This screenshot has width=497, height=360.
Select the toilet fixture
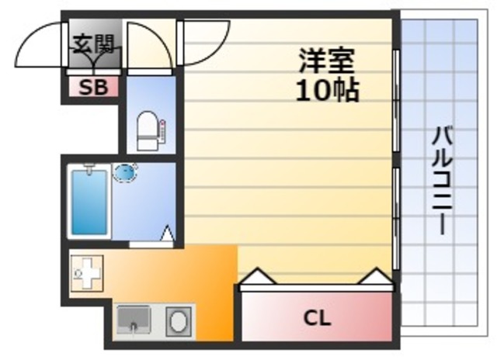[148, 130]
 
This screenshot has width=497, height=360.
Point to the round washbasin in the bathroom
[125, 172]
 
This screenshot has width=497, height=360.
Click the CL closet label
[316, 318]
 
